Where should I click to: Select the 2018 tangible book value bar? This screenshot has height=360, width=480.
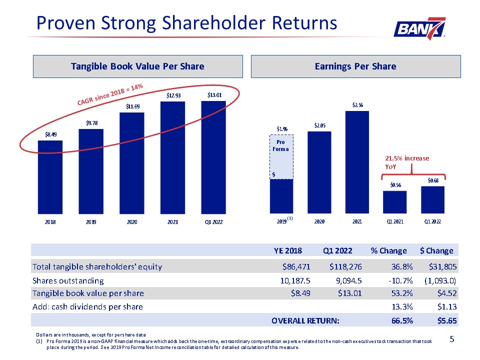(50, 177)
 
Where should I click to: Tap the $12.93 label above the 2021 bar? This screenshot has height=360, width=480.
(173, 95)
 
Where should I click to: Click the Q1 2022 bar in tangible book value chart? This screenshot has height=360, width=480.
(213, 157)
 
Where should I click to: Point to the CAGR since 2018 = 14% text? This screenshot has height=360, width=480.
(110, 94)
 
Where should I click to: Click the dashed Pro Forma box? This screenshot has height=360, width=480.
(281, 156)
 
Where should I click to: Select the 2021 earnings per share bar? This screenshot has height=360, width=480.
(357, 162)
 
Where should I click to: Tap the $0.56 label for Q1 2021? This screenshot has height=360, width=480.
(395, 185)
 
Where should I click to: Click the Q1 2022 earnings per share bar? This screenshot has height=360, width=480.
(432, 200)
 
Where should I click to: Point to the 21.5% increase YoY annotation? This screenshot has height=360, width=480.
(407, 162)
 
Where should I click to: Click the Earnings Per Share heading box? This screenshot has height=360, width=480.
(355, 66)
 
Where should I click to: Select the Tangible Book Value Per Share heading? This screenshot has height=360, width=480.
(138, 66)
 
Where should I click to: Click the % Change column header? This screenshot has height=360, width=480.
(389, 250)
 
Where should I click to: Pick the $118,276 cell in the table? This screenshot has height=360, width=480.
(345, 267)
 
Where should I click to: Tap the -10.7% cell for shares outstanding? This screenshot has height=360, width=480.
(400, 280)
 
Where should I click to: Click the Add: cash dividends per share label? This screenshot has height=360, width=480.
(87, 306)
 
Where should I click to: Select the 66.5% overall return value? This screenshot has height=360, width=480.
(402, 321)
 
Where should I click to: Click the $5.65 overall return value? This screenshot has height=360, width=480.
(447, 321)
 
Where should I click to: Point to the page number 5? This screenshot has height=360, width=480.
(452, 339)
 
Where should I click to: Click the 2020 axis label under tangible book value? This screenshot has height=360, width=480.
(132, 222)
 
